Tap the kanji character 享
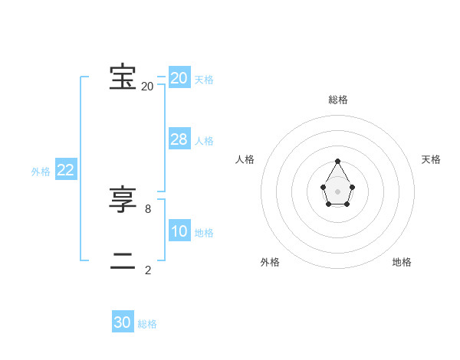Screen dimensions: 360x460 [x=123, y=201]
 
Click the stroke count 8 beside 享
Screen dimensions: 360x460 [x=148, y=208]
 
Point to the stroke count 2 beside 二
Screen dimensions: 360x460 [x=148, y=270]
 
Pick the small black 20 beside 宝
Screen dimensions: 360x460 [x=147, y=87]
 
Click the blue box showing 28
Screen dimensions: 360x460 [x=179, y=139]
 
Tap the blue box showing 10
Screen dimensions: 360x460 [x=179, y=231]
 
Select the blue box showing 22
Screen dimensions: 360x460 [x=65, y=170]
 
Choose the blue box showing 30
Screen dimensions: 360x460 [x=123, y=322]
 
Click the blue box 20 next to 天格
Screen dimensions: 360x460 [x=179, y=77]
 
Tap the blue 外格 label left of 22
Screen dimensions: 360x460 [x=41, y=172]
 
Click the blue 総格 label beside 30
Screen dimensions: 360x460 [x=147, y=324]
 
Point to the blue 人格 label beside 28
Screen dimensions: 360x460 [x=204, y=141]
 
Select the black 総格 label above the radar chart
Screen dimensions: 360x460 [x=338, y=100]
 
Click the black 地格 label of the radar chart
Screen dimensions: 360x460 [x=402, y=262]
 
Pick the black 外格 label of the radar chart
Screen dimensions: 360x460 [x=270, y=262]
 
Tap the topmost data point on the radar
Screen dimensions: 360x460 [x=338, y=161]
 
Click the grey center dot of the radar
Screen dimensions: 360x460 [x=338, y=191]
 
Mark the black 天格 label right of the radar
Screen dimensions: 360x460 [x=431, y=159]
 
